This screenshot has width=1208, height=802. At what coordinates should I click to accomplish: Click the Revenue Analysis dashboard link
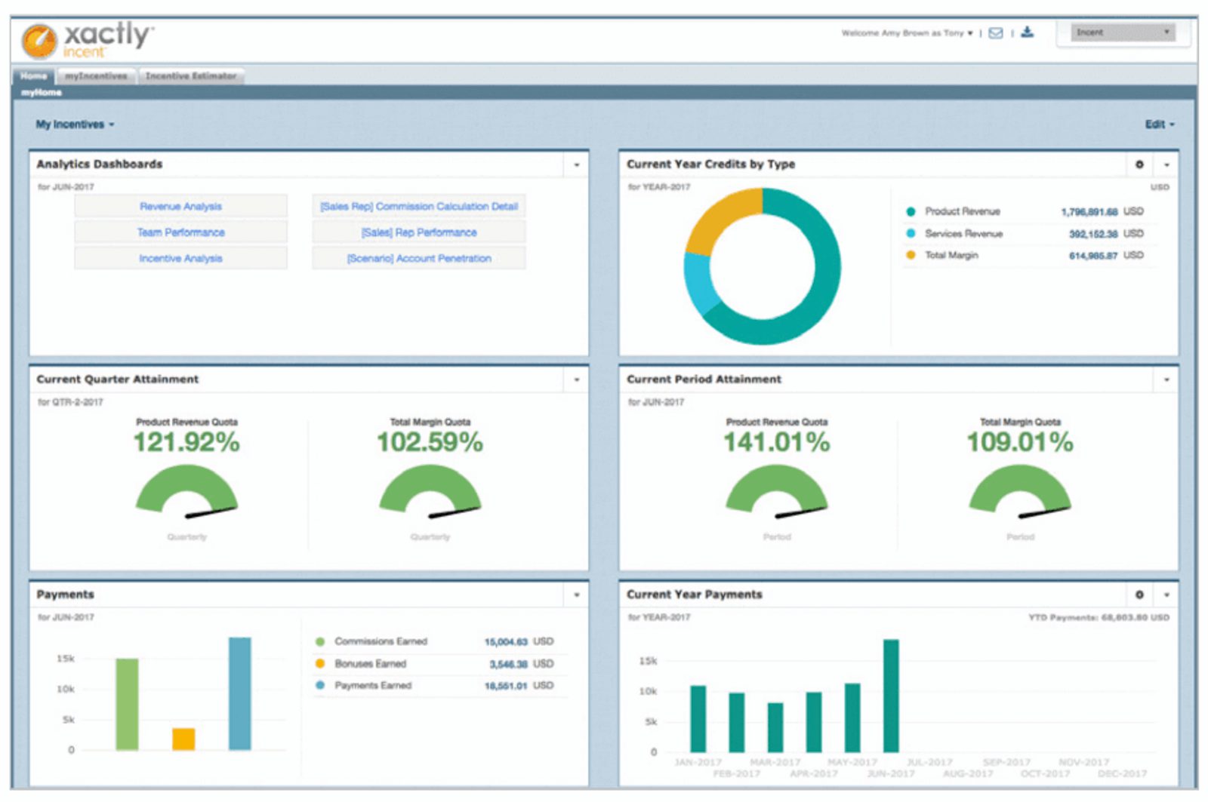[180, 206]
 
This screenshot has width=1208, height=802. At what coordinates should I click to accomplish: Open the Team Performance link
[180, 232]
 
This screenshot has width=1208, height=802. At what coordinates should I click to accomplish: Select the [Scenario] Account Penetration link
[419, 258]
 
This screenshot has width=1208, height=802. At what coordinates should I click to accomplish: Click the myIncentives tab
[96, 76]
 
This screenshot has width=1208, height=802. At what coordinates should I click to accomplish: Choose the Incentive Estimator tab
[191, 76]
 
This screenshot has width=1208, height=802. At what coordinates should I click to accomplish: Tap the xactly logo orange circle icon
[39, 40]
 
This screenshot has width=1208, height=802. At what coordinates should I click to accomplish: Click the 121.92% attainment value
[186, 442]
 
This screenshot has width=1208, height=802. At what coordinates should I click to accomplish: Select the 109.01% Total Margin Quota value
[1019, 442]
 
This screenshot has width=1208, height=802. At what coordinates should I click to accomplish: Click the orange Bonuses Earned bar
[183, 739]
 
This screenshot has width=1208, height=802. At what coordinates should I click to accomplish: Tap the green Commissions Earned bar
[127, 704]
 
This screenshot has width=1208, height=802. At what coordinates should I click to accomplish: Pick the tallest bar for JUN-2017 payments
[891, 695]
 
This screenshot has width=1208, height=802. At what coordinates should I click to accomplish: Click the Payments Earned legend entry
[373, 686]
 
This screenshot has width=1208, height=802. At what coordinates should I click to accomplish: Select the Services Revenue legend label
[963, 234]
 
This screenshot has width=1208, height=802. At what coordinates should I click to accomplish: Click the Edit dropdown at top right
[1159, 124]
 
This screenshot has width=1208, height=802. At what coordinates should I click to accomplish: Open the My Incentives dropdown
[75, 124]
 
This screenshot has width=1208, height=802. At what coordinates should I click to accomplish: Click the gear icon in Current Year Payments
[1139, 595]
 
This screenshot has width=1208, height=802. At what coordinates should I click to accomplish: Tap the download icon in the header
[1027, 32]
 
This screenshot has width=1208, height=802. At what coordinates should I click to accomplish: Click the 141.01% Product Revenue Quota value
[776, 442]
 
